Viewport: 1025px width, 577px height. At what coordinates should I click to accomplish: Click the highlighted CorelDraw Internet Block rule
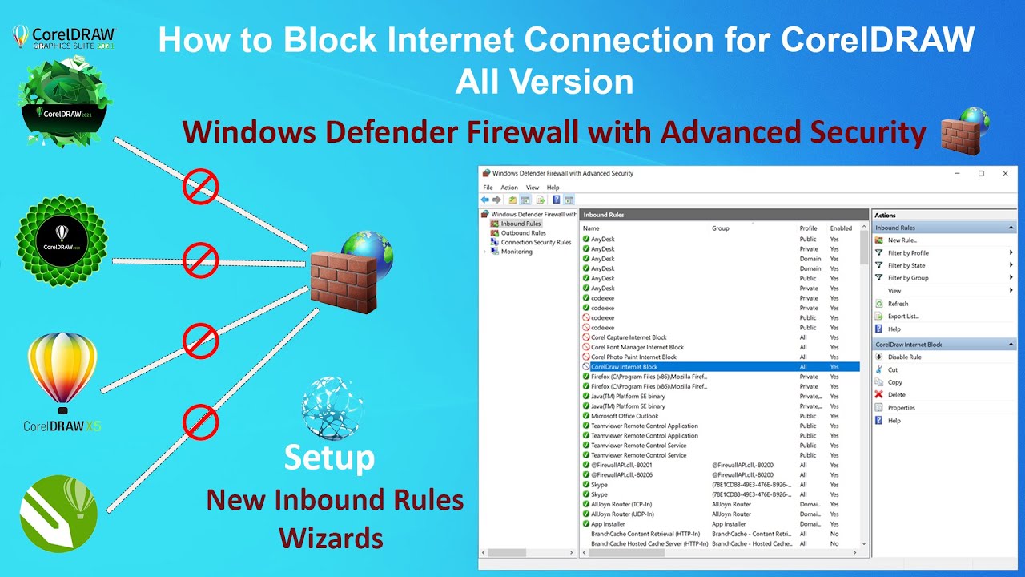(x=625, y=367)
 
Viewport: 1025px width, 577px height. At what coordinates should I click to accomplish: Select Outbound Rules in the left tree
(x=523, y=233)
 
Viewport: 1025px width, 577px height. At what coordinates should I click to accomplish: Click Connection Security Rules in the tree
(x=536, y=242)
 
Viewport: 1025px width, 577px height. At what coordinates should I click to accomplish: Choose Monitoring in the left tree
(x=517, y=252)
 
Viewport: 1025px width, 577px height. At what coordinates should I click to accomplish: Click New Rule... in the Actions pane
(x=902, y=240)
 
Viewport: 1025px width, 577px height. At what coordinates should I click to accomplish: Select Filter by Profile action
(x=908, y=253)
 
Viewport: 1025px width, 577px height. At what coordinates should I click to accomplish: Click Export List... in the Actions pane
(x=903, y=317)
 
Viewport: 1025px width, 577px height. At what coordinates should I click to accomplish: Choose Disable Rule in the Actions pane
(x=904, y=357)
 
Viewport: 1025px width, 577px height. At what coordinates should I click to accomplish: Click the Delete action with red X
(x=896, y=395)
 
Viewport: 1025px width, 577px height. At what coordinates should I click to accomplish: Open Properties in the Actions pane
(x=901, y=408)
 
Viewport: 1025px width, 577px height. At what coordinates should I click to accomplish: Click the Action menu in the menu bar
(x=509, y=188)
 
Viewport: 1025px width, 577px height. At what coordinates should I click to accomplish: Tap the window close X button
(x=1006, y=173)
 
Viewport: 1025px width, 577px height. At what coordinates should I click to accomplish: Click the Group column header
(x=721, y=228)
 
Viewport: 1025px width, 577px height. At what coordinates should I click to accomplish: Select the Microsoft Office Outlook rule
(x=625, y=416)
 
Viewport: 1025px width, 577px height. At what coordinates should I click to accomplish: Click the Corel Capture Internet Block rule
(x=629, y=337)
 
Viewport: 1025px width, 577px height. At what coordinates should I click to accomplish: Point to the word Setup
(x=329, y=458)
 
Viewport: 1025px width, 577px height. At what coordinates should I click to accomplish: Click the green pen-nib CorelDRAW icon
(x=58, y=514)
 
